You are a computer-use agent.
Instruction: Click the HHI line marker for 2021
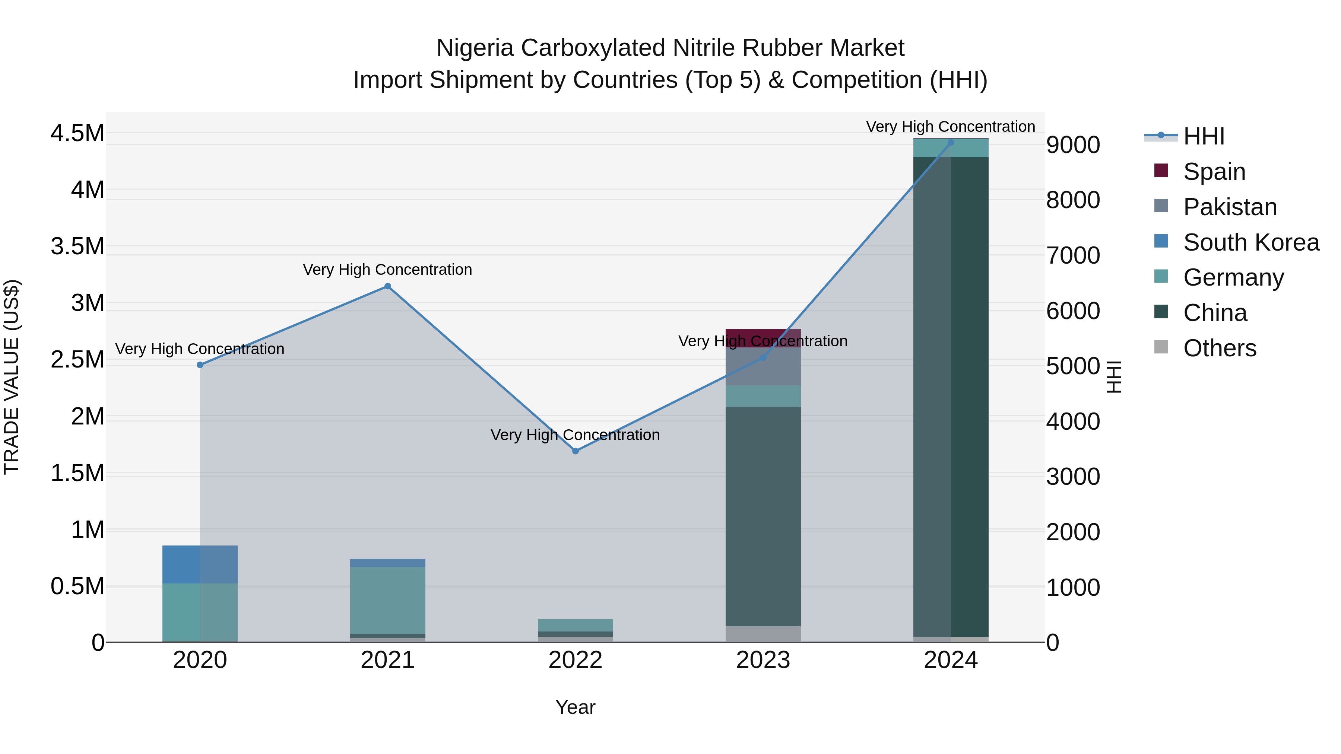tap(387, 286)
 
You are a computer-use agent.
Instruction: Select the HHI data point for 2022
tap(575, 451)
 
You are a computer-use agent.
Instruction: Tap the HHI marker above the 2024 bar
tap(951, 143)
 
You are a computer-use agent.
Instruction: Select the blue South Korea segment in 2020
tap(200, 564)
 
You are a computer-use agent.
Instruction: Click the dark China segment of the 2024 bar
tap(951, 395)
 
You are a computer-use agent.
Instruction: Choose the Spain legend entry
tap(1214, 172)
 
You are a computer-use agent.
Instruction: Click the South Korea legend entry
tap(1250, 242)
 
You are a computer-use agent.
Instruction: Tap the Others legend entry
tap(1219, 348)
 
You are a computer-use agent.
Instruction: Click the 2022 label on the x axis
tap(575, 660)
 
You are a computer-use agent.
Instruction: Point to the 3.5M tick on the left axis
tap(77, 246)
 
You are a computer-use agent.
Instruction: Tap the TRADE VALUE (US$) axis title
tap(12, 377)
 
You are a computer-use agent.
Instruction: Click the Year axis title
tap(575, 707)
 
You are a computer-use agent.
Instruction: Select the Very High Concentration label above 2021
tap(387, 270)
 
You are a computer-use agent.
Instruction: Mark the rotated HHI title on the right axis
tap(1113, 377)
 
